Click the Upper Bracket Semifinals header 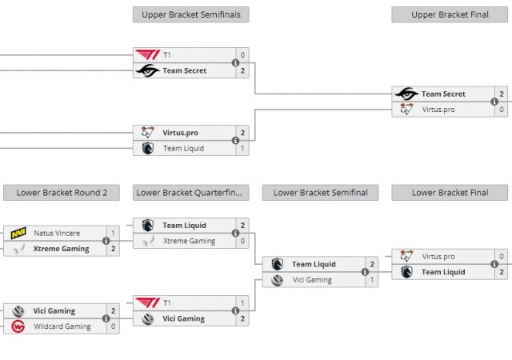191,14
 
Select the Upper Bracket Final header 450,14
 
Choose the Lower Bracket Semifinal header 320,192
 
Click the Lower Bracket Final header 450,192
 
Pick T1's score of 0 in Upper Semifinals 242,55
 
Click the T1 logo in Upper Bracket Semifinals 147,55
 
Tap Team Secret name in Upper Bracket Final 443,94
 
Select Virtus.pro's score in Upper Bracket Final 502,109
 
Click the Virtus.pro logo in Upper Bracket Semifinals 147,133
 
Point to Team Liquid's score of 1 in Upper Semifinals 242,148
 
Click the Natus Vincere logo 18,234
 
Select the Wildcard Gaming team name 62,326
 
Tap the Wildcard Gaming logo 18,326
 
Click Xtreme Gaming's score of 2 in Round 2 113,249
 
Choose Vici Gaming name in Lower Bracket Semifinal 312,280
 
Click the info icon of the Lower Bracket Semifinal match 365,272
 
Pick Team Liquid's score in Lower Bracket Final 502,272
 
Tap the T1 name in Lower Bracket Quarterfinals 167,303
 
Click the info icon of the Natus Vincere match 106,241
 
